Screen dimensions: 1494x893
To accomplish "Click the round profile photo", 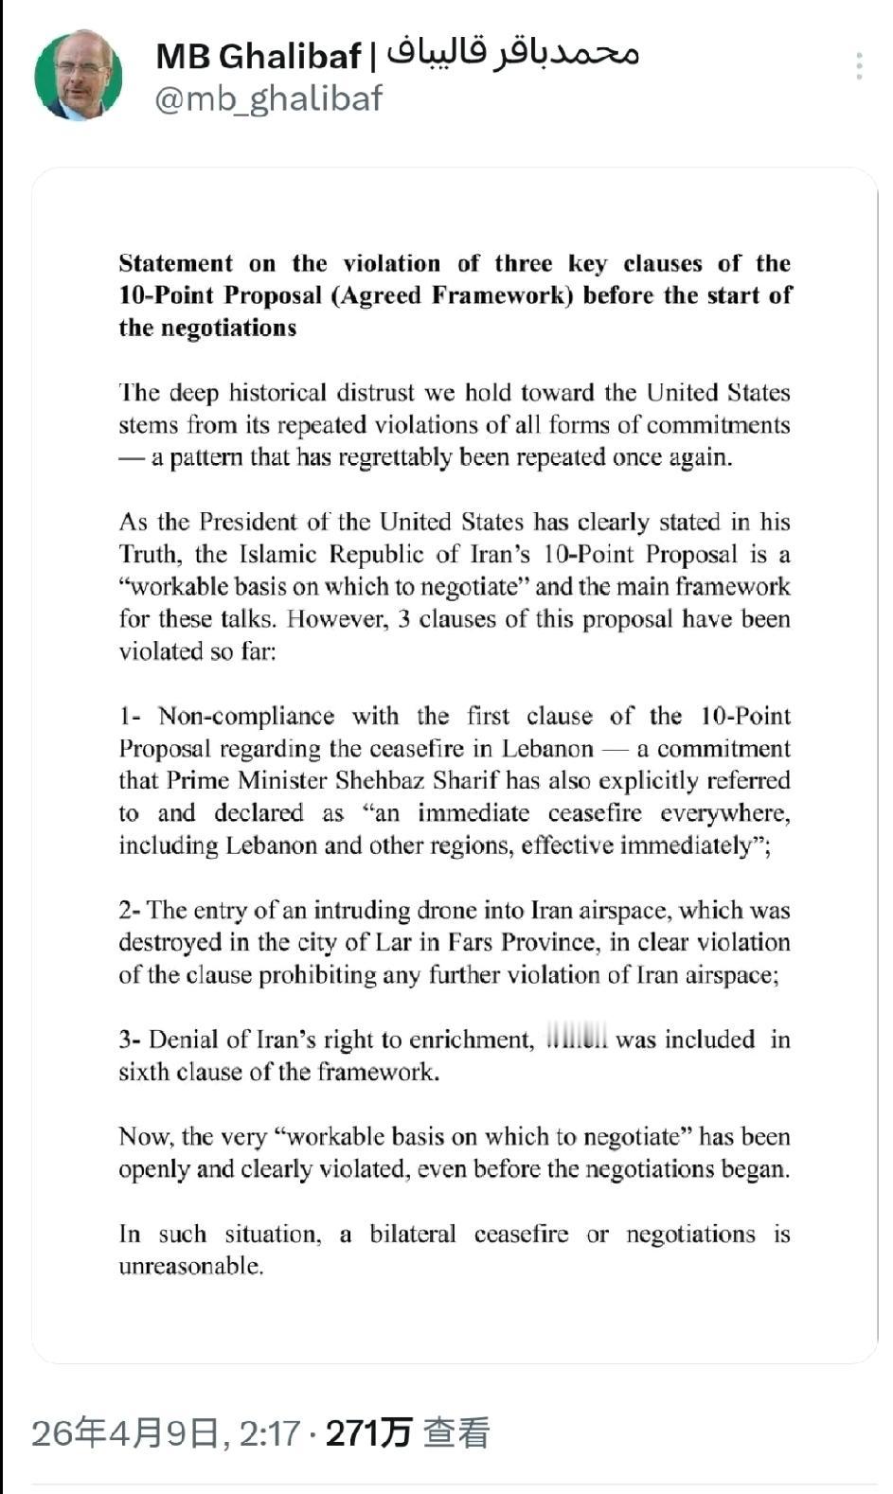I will click(79, 76).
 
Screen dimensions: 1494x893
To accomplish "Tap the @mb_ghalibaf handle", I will click(268, 98).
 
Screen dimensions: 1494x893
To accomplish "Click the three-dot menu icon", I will click(858, 66).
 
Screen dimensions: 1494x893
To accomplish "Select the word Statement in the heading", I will click(175, 263).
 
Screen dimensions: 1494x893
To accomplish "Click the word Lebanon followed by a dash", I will click(547, 749).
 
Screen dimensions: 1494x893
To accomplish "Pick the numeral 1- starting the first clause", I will click(131, 717).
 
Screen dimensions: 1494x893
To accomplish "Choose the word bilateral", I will click(412, 1235).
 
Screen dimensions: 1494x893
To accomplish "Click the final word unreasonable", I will click(190, 1267).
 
